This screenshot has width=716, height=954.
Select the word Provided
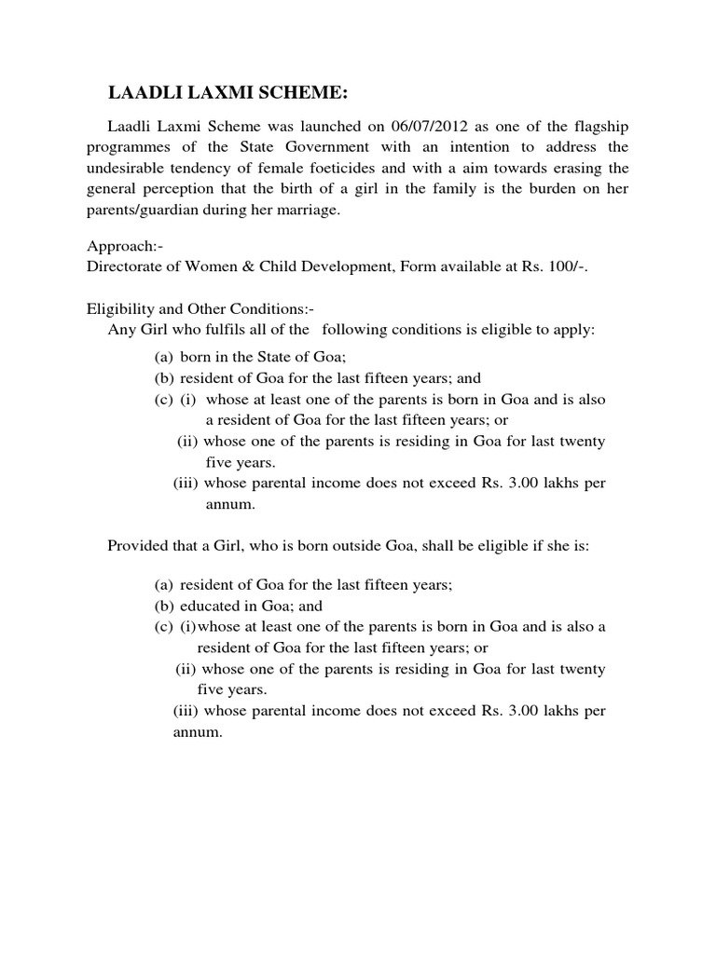138,546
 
